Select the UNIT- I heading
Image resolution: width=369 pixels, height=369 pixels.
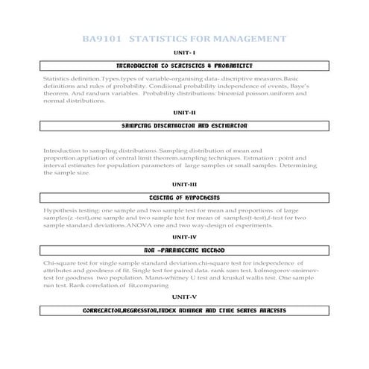[184, 52]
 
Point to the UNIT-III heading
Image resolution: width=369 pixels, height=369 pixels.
[184, 183]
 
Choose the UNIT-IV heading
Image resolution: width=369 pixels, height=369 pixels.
[184, 236]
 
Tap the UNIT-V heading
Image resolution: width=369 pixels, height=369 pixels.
[184, 296]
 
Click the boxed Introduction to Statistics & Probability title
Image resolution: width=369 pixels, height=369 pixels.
[184, 66]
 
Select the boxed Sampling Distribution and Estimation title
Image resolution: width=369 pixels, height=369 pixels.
[184, 126]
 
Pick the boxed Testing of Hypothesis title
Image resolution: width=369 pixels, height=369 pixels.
[184, 198]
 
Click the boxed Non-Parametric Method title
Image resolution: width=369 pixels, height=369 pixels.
[184, 250]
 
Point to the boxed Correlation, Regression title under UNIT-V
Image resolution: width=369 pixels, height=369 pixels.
[184, 309]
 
